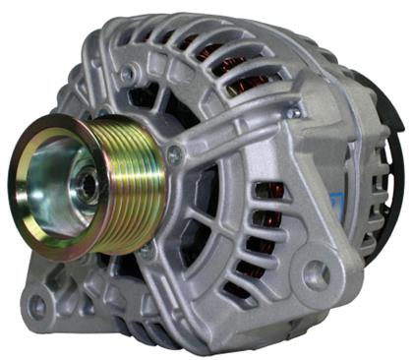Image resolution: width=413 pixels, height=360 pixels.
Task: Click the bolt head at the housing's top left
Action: tap(126, 73)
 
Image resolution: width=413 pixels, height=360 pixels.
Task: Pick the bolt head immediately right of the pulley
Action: tap(175, 154)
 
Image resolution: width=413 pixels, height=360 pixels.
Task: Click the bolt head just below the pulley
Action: tap(147, 253)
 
